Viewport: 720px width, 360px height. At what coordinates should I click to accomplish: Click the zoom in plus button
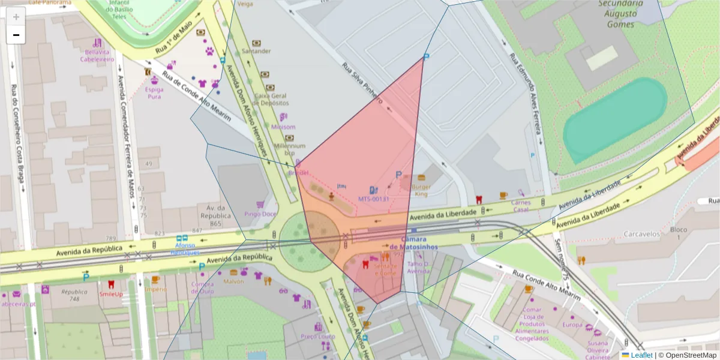click(16, 17)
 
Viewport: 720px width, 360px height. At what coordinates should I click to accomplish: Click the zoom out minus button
click(16, 35)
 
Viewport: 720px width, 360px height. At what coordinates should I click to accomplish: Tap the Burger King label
click(421, 190)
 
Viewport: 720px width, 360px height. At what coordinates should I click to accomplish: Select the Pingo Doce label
click(260, 214)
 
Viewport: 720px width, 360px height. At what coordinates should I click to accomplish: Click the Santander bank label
click(256, 51)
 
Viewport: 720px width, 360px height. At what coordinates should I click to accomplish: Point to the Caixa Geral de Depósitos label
click(271, 99)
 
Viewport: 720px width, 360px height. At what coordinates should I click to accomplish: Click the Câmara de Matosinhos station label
click(413, 243)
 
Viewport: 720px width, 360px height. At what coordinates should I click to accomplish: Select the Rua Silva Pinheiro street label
click(362, 84)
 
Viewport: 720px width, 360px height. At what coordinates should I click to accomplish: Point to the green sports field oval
click(614, 120)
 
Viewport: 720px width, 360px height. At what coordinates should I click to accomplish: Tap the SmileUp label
click(111, 294)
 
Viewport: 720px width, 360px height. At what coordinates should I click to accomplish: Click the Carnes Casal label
click(520, 206)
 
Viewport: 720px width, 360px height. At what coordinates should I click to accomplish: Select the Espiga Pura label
click(154, 92)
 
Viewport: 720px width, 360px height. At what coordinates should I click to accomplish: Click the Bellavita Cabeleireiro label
click(97, 56)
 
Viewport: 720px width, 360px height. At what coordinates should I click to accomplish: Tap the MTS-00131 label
click(374, 198)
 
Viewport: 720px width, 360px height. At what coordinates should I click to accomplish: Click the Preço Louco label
click(318, 336)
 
